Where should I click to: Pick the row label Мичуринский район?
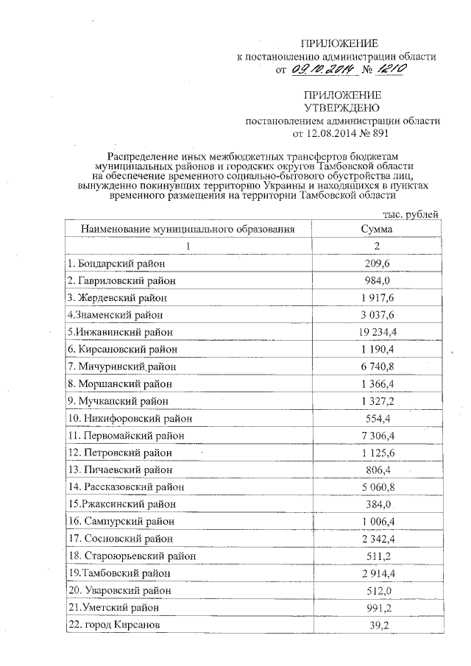click(121, 366)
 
